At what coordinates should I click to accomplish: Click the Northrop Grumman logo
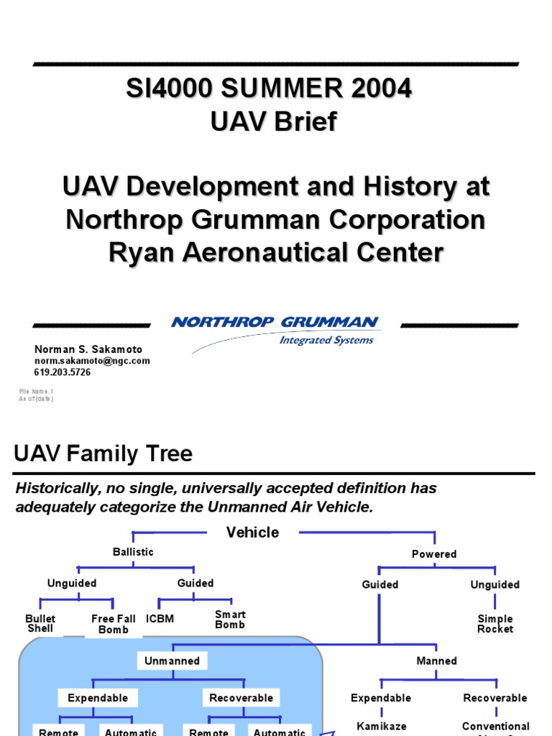275,323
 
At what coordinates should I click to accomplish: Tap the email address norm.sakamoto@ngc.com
92,361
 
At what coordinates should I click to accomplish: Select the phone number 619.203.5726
63,372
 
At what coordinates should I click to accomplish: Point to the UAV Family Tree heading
103,454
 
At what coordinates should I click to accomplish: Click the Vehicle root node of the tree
253,533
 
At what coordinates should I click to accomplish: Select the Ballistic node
133,552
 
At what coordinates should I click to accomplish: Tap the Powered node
434,554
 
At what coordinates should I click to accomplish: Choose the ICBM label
160,619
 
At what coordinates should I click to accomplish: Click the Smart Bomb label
230,620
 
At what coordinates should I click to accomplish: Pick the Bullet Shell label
40,624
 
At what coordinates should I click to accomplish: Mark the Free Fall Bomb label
114,624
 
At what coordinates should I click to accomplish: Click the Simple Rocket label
495,624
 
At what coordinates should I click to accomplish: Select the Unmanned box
172,661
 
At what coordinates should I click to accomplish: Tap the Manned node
437,661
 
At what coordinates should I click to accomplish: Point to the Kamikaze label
382,727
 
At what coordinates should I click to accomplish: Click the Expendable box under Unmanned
98,698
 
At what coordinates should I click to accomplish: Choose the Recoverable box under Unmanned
241,698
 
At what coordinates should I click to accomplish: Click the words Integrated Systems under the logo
326,340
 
